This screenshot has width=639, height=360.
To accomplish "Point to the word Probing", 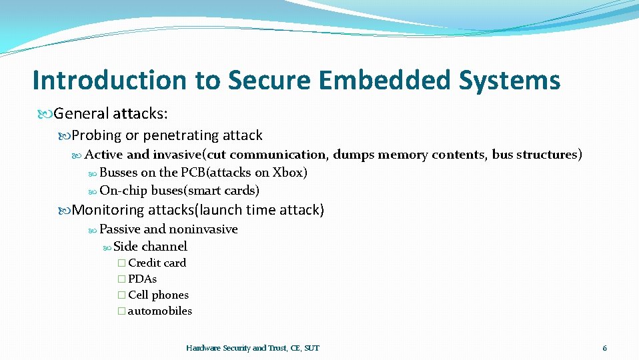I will pos(97,135).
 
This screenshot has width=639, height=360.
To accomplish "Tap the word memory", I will pos(404,155).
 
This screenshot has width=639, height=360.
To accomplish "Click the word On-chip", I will pos(123,190).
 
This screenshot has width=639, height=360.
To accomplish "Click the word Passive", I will pos(120,229).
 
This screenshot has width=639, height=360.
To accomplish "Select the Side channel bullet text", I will pos(150,247).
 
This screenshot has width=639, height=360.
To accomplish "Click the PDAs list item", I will pos(142,279).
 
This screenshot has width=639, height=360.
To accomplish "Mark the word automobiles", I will pos(160,311).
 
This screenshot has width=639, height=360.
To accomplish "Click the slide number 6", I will pos(604,348).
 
